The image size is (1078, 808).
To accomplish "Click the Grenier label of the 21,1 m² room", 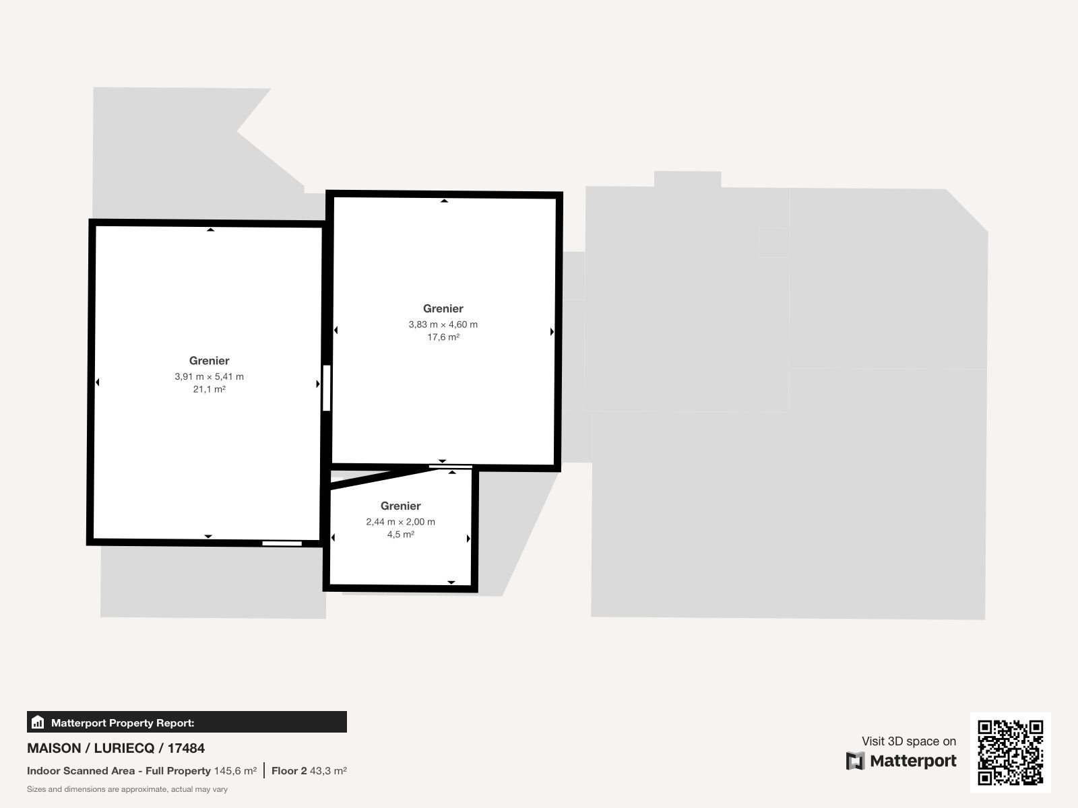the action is (x=210, y=361).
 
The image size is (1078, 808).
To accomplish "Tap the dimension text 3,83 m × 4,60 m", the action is (x=443, y=325).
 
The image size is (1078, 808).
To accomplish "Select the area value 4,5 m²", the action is (x=401, y=534).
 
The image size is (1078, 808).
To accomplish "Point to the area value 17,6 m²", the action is (x=443, y=337).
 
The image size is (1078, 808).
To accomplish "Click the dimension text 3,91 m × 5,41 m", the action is (x=210, y=376).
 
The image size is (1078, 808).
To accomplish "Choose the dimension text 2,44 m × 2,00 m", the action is (x=401, y=521).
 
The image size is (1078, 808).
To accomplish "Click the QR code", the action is (x=1010, y=753).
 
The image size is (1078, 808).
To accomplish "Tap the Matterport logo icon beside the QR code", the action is (x=856, y=761).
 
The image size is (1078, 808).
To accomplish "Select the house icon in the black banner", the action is (x=38, y=722).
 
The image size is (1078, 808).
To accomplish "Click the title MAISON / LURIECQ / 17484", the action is (x=116, y=748).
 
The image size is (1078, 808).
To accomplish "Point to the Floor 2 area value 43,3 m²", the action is (x=328, y=771).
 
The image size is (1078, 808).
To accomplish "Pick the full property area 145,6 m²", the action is (x=235, y=771).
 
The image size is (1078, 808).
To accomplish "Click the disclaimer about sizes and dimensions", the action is (x=127, y=789).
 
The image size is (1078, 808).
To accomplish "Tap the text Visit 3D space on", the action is (x=909, y=741).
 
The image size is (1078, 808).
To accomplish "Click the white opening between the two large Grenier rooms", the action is (x=327, y=388).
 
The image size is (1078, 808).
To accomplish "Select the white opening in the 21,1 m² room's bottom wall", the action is (x=282, y=543).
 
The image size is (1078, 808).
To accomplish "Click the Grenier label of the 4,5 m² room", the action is (x=401, y=506).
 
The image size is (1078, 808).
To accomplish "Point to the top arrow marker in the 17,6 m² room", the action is (x=444, y=201).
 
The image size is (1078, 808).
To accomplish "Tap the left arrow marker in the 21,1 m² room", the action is (x=97, y=382).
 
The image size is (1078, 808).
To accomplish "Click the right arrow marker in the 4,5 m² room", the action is (x=468, y=539).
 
